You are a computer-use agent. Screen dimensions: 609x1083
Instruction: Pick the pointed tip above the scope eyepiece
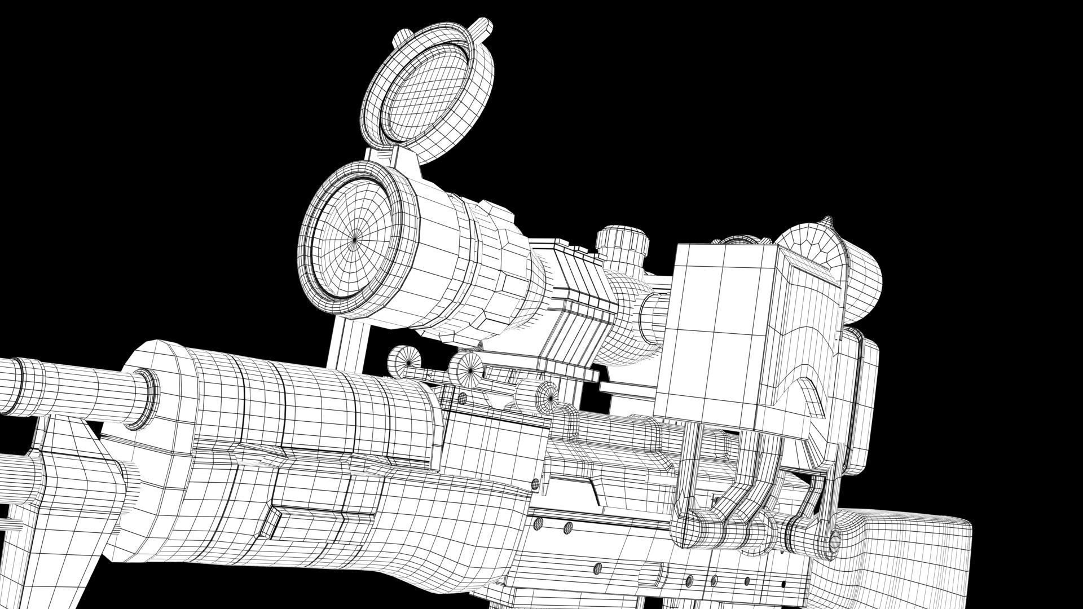(828, 222)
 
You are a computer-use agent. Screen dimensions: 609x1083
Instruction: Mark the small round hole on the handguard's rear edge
(535, 483)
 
